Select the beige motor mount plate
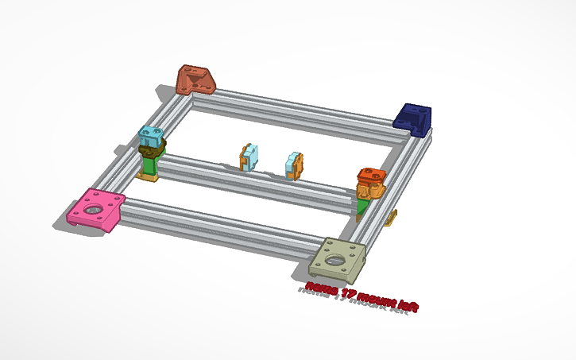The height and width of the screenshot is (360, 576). tap(338, 257)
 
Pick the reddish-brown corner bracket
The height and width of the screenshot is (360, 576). tap(197, 79)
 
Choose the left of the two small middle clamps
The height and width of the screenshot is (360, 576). tap(249, 157)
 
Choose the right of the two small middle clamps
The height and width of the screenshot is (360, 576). tap(294, 165)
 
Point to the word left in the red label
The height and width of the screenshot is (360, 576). tap(406, 307)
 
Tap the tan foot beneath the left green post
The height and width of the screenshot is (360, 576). tap(147, 176)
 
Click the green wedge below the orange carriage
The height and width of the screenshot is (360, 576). tap(363, 206)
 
